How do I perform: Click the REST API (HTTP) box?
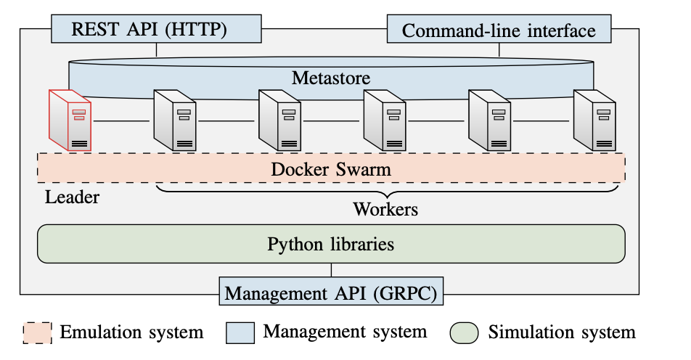click(x=156, y=30)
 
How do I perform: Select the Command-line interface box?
click(x=499, y=30)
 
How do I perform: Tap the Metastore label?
click(x=331, y=78)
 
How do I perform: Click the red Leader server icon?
click(x=70, y=120)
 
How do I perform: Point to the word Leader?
click(x=72, y=197)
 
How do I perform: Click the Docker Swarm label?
click(x=331, y=169)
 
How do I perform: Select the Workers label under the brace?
click(x=385, y=210)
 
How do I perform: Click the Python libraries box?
click(x=331, y=244)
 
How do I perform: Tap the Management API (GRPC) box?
click(x=332, y=293)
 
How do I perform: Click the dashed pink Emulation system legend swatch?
click(x=36, y=332)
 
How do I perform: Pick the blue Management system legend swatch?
click(x=240, y=332)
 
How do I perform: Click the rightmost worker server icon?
click(x=594, y=120)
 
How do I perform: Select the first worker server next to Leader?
click(x=174, y=120)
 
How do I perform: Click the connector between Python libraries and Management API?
click(x=332, y=271)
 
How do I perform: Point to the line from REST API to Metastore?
click(x=156, y=50)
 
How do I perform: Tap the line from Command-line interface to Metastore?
click(x=499, y=50)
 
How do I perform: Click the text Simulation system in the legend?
click(x=561, y=332)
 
